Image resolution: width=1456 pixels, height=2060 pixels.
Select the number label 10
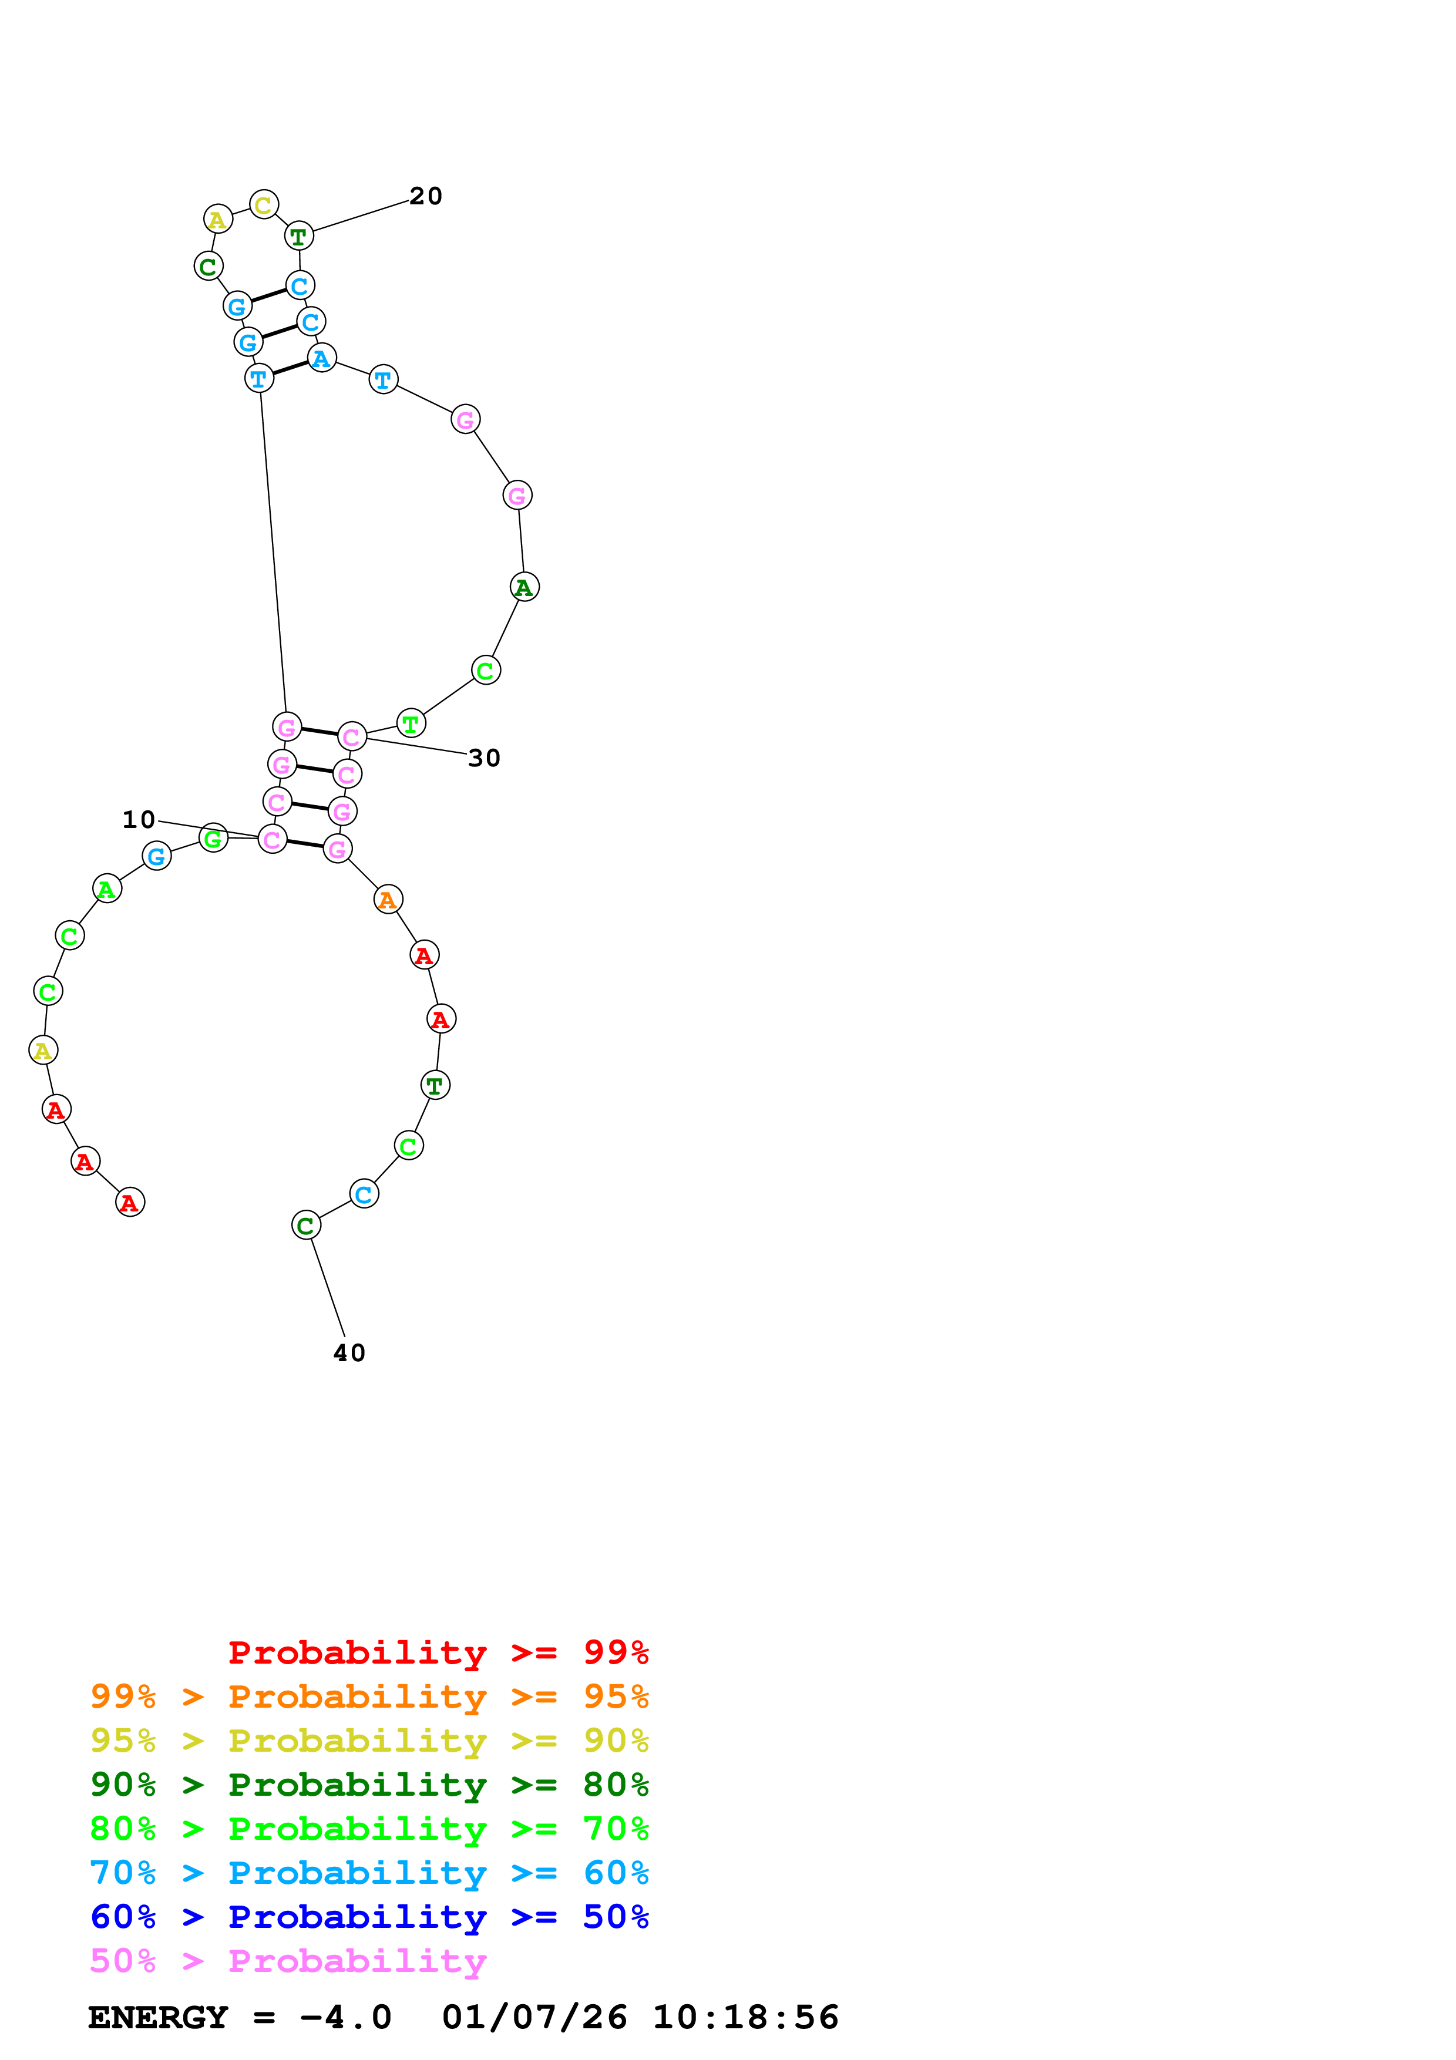(x=139, y=820)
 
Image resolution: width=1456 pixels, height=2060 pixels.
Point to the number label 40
(x=349, y=1353)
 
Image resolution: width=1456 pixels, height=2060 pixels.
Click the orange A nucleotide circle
(x=388, y=899)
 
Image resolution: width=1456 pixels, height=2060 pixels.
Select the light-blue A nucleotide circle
(x=321, y=359)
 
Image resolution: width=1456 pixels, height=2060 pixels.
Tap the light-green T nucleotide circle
(x=411, y=723)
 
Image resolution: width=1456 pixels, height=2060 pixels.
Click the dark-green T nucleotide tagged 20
(x=299, y=237)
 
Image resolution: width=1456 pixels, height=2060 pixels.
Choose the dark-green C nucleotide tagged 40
(x=306, y=1226)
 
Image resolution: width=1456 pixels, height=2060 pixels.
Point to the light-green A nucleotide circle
(x=107, y=889)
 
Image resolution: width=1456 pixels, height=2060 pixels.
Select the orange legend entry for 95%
(x=369, y=1697)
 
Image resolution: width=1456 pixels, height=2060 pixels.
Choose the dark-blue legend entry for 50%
(x=369, y=1917)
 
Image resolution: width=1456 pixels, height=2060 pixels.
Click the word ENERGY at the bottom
(x=158, y=2018)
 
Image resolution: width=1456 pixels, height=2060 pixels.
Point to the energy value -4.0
(x=345, y=2018)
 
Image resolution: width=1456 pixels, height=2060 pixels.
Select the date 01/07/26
(x=534, y=2018)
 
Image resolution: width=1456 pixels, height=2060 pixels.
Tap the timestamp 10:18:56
(x=745, y=2018)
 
